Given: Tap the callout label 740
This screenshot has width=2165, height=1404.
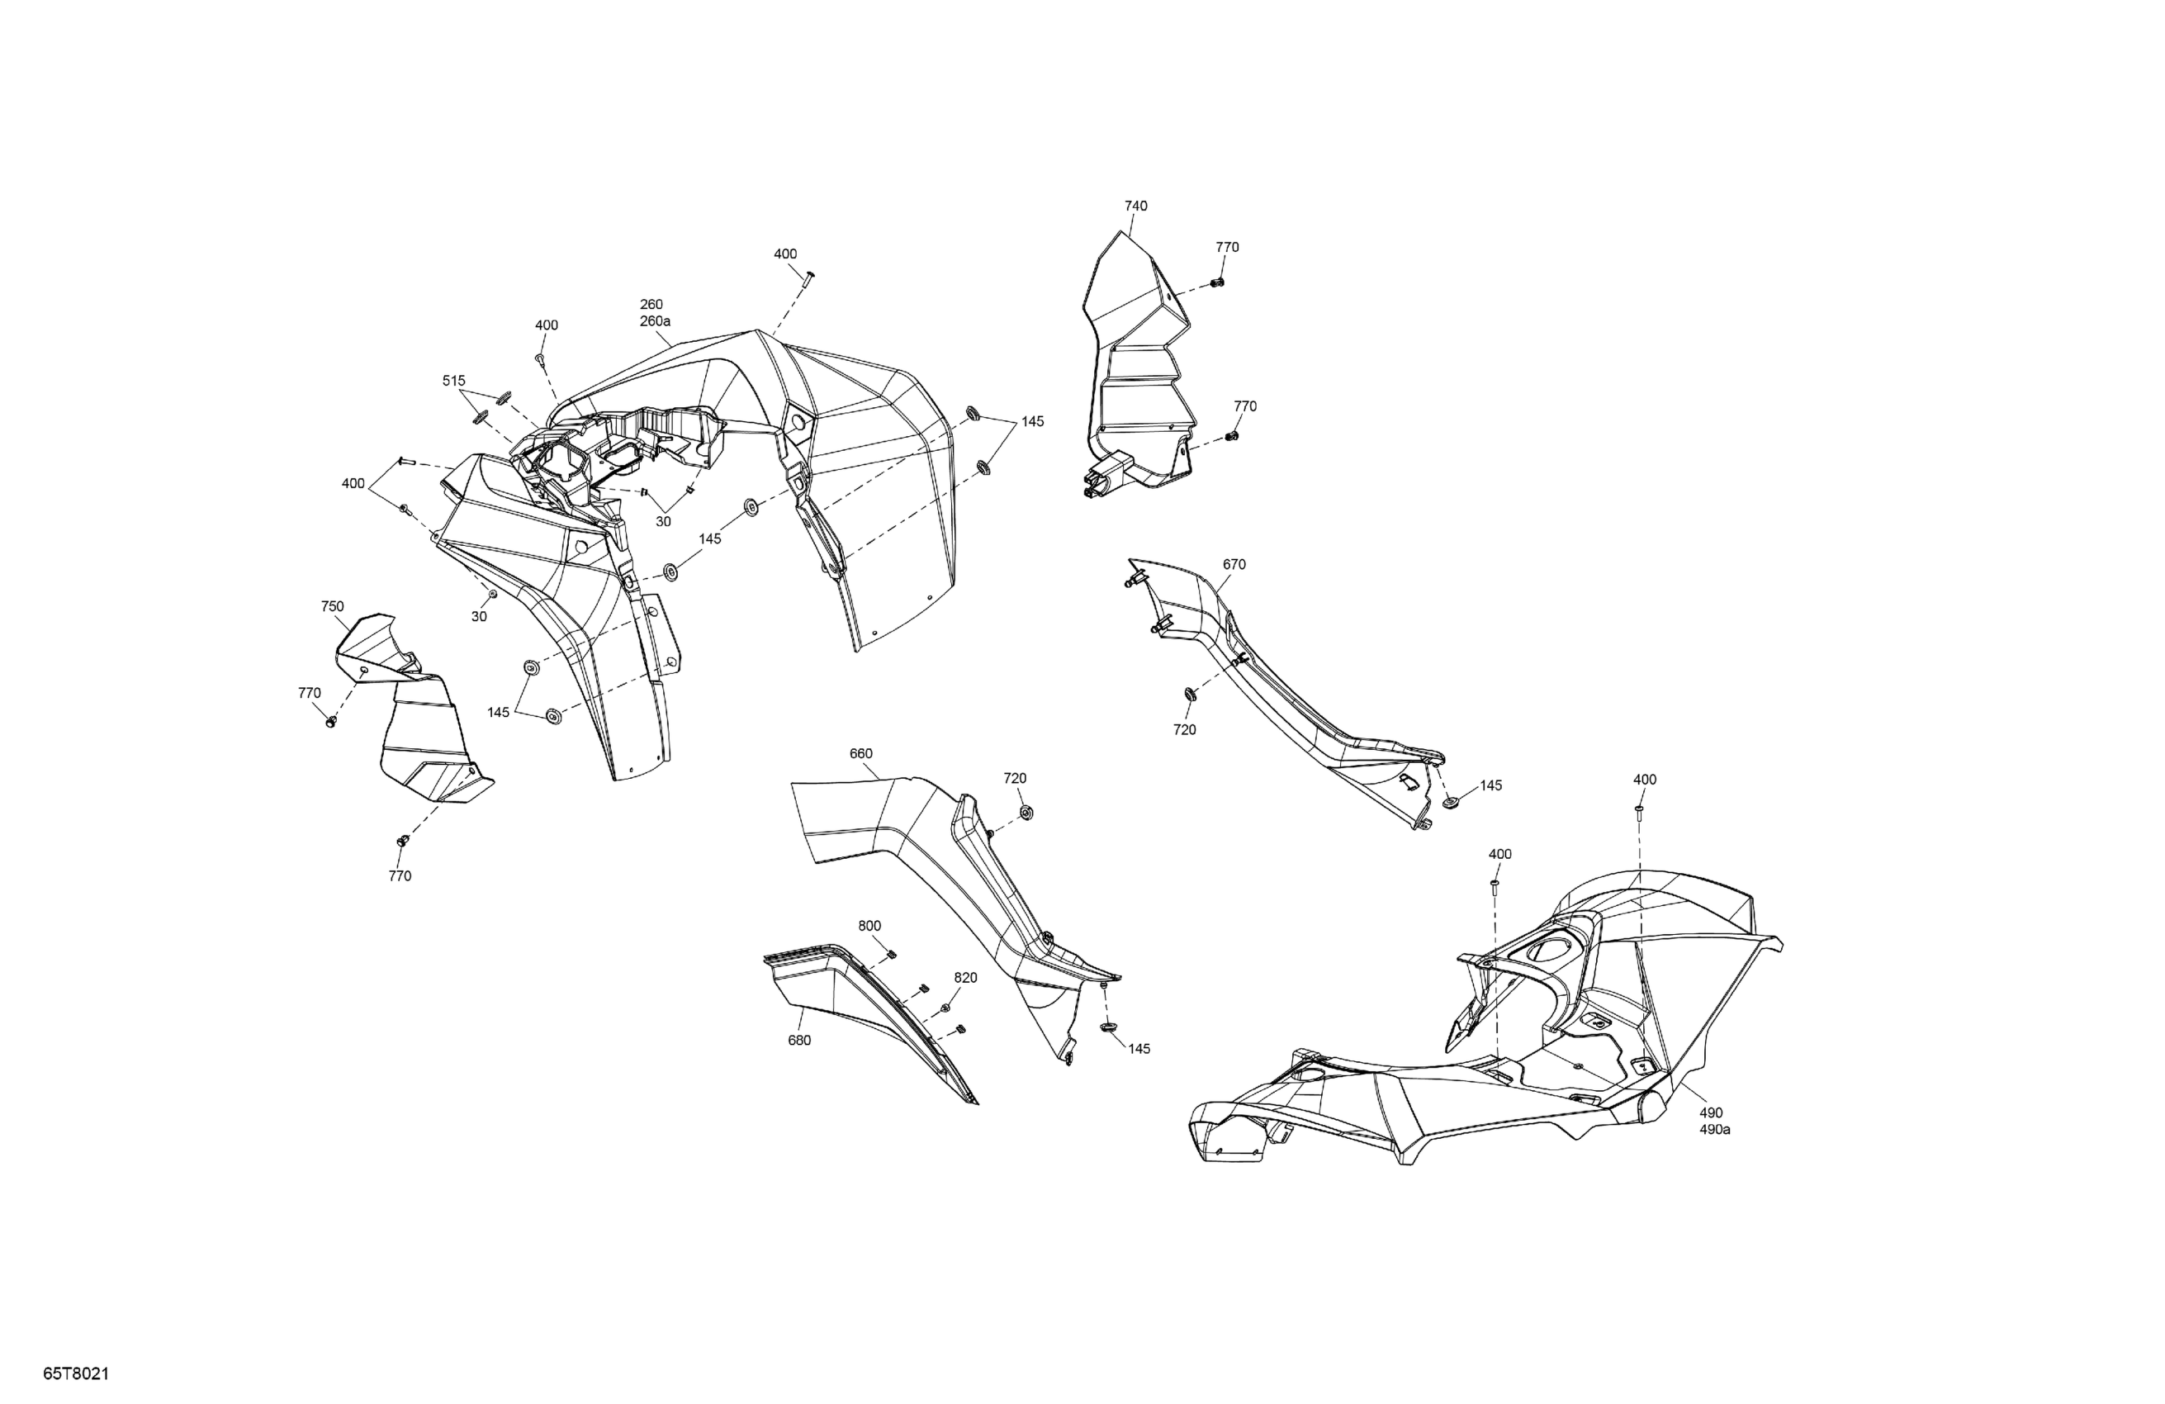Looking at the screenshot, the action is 1136,206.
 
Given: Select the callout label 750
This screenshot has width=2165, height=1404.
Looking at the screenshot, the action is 332,607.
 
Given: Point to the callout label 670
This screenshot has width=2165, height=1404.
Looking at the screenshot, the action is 1234,565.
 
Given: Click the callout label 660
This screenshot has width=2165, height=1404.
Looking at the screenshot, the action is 860,754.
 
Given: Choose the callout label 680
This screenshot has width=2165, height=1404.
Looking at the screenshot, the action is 798,1041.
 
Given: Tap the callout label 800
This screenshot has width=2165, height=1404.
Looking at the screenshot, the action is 869,927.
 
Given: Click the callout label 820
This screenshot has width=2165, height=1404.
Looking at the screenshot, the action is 965,978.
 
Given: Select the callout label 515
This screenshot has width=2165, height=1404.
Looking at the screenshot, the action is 454,382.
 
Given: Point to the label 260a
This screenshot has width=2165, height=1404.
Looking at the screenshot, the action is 655,322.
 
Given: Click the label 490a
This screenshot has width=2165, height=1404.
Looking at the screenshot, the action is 1715,1130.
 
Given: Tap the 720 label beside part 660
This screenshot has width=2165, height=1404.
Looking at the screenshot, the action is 1015,779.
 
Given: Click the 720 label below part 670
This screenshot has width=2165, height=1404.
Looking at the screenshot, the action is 1184,731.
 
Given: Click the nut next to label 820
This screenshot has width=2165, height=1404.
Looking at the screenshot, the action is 945,1008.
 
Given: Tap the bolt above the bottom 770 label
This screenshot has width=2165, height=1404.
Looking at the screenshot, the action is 402,841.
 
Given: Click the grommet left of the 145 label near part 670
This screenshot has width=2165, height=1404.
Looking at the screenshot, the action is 1451,803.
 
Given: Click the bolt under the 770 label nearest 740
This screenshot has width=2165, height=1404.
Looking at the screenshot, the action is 1219,283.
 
